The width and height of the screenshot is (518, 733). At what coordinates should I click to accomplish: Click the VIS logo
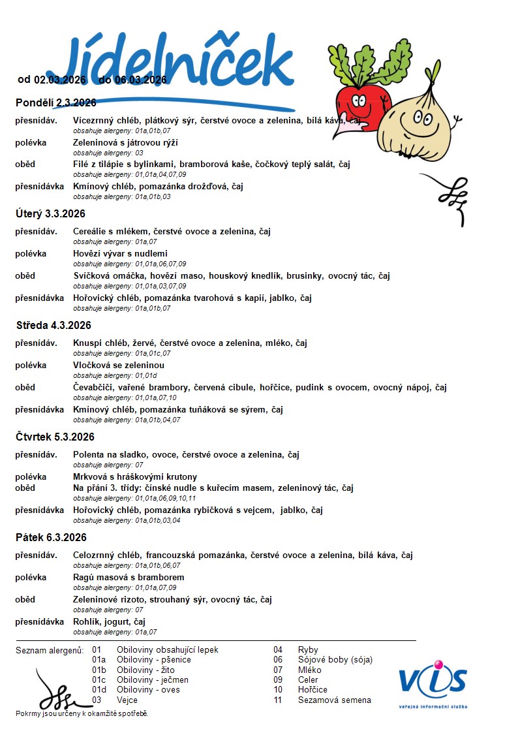coord(433,679)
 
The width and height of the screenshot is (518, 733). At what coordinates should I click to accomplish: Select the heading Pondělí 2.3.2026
coord(56,102)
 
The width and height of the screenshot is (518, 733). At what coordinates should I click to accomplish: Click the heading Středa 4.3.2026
coord(53,325)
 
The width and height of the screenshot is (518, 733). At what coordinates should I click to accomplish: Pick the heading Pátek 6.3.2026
coord(51,537)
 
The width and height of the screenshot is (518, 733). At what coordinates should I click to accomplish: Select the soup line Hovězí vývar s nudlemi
coord(120,253)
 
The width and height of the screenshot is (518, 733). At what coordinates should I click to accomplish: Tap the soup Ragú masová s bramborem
coord(129,577)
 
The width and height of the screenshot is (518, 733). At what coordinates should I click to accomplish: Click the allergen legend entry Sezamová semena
coord(334,700)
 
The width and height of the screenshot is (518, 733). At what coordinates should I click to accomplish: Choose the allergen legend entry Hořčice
coord(312,689)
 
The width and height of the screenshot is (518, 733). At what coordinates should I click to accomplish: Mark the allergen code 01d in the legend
coord(99,689)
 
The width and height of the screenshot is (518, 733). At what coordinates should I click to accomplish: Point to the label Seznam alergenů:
coord(50,650)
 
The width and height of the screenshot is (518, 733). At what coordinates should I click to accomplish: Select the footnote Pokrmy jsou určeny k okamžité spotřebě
coord(82,713)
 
